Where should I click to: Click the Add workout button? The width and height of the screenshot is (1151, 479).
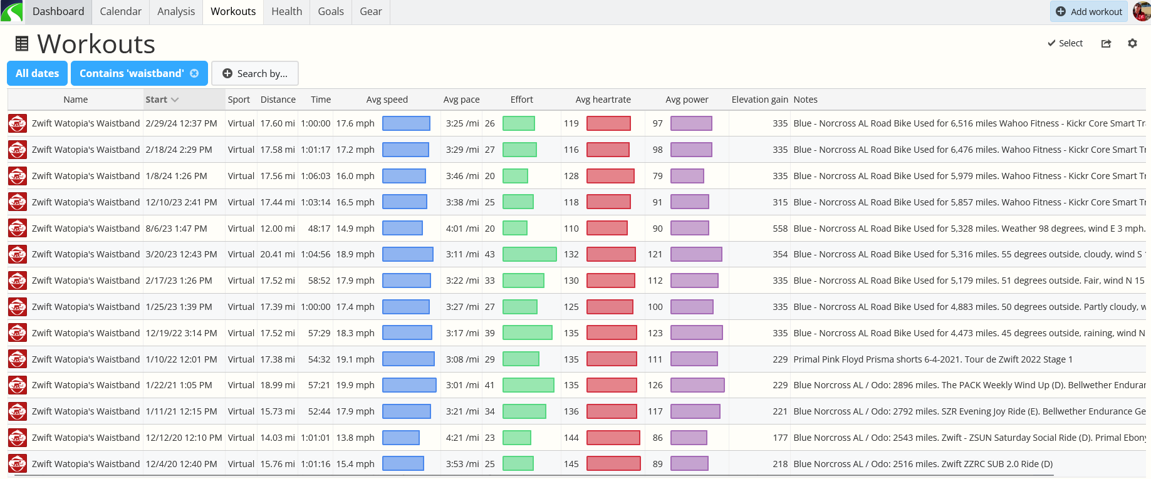[1089, 11]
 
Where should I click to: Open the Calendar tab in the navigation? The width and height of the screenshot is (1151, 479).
[121, 11]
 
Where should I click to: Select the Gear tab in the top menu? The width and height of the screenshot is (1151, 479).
[371, 11]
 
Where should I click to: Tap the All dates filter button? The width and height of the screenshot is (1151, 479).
[38, 73]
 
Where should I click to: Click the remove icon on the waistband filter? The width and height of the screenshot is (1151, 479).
[194, 73]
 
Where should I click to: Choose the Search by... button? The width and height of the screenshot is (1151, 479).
[255, 73]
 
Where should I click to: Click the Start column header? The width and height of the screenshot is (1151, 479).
[162, 100]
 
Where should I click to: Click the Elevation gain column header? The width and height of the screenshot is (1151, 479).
[759, 100]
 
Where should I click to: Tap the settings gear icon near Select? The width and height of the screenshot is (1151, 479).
[1132, 43]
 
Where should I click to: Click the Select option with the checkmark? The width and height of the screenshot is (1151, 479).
[1065, 43]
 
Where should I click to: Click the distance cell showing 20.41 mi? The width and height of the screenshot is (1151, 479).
[278, 254]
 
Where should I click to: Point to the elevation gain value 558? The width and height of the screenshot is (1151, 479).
[780, 229]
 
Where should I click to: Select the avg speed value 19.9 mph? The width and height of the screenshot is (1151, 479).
[355, 385]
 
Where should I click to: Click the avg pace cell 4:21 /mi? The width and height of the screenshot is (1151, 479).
[462, 438]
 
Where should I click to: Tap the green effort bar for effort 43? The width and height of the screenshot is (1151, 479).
[529, 254]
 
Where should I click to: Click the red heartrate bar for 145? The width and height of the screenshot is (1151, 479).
[613, 463]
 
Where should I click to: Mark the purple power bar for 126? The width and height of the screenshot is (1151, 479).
[697, 385]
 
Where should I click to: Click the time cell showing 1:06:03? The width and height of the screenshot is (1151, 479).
[315, 176]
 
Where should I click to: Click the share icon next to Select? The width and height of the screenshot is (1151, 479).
[1106, 43]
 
